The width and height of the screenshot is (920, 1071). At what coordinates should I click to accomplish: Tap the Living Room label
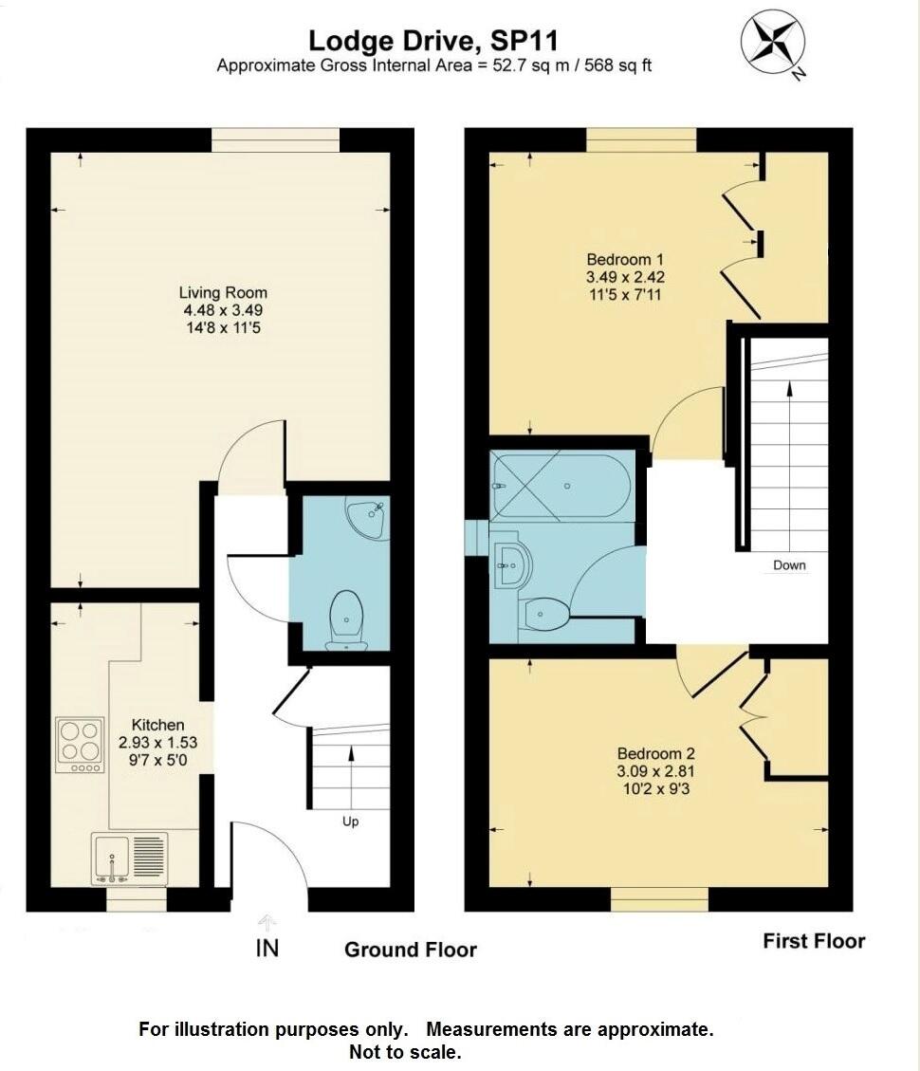pos(223,293)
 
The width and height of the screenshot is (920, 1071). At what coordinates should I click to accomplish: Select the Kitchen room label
pos(157,725)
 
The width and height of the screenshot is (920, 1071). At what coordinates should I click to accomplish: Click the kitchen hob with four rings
pos(81,742)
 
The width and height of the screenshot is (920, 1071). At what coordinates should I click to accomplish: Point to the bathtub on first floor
pos(560,485)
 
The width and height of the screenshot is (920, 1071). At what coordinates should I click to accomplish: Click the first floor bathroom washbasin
pos(510,564)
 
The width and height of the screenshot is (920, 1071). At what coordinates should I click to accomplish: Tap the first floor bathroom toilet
pos(544,615)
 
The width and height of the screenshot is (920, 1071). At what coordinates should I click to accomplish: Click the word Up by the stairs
pos(350,822)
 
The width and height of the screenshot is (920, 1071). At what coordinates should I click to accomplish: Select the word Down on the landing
pos(789,565)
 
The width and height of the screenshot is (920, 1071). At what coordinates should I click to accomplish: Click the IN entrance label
pos(267,947)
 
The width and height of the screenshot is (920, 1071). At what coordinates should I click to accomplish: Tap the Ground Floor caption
pos(410,950)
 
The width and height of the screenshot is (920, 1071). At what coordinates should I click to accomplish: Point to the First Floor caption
pos(814,941)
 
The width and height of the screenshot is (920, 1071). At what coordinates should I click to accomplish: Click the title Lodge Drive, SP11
pos(432,41)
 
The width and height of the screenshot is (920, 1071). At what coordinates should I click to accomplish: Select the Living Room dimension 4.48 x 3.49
pos(223,310)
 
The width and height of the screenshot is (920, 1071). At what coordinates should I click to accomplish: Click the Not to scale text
pos(405,1051)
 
